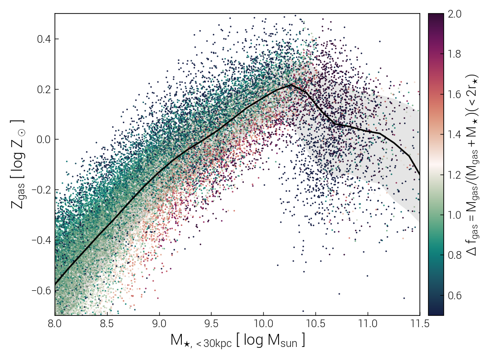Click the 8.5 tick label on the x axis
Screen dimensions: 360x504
pos(107,324)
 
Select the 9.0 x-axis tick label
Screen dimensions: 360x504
pos(159,324)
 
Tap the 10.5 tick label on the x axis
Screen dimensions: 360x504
pos(315,324)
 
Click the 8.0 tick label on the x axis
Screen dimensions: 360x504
pos(55,324)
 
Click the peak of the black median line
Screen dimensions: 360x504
pos(291,85)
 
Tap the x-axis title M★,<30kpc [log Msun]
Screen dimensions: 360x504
pos(238,341)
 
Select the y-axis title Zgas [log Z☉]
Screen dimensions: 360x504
pos(18,164)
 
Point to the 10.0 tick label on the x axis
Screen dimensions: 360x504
pos(263,324)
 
